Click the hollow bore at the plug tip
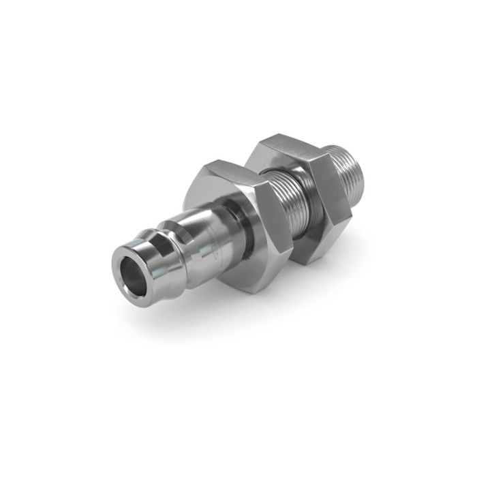132,268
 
